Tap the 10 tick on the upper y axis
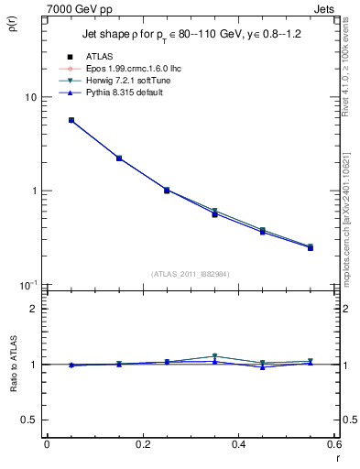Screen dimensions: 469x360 30,97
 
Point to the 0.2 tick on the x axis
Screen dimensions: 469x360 143,444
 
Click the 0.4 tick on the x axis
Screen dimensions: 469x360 239,444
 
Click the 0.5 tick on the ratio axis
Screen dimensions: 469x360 29,420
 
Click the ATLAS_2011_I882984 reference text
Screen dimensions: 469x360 191,274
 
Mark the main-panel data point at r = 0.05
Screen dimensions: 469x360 71,120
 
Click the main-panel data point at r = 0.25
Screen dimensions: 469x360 167,191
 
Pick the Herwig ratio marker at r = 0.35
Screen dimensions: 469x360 214,356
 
